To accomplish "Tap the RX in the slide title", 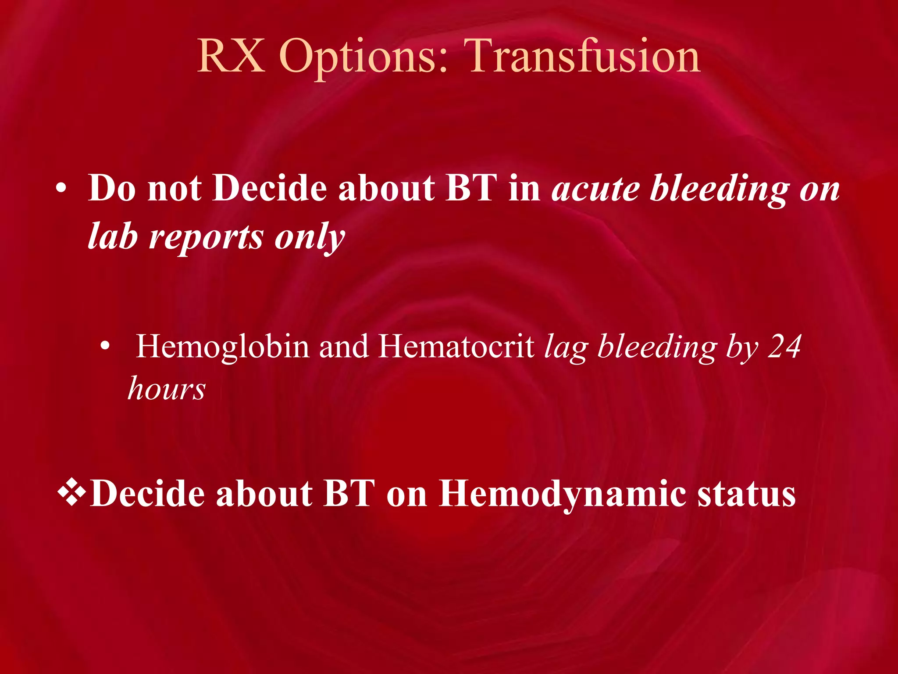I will [231, 56].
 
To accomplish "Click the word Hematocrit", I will [456, 347].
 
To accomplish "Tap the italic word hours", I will [166, 389].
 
